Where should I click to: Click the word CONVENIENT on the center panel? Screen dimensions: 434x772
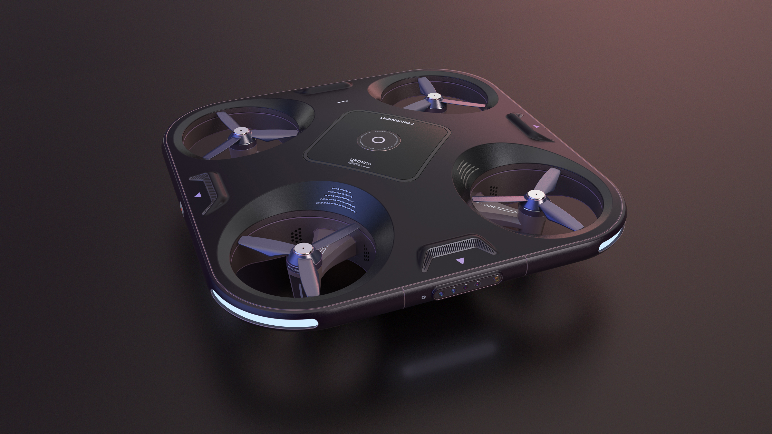coord(397,120)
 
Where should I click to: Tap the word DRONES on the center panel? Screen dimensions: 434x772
coord(360,162)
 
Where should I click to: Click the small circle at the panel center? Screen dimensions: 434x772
coord(378,140)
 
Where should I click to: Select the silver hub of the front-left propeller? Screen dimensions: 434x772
coord(302,248)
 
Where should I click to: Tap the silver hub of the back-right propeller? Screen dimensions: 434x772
coord(433,96)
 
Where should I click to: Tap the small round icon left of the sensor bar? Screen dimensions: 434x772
coord(423,297)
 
